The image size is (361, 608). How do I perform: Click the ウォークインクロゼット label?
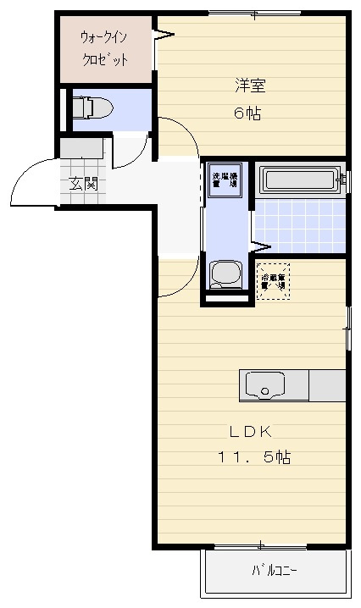coord(104,49)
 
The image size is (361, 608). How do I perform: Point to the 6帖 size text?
coord(247,113)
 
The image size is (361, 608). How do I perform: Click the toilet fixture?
coord(91,108)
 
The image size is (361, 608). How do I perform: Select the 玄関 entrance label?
coord(83,182)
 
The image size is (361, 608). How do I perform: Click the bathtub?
coord(300,179)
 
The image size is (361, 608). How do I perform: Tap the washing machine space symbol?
coord(226,179)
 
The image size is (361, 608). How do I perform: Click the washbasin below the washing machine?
coord(225,274)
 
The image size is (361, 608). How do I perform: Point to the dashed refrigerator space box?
coord(273,281)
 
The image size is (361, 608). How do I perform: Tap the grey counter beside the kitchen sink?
coord(327,386)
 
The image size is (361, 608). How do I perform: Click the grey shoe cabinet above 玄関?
coord(81,146)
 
